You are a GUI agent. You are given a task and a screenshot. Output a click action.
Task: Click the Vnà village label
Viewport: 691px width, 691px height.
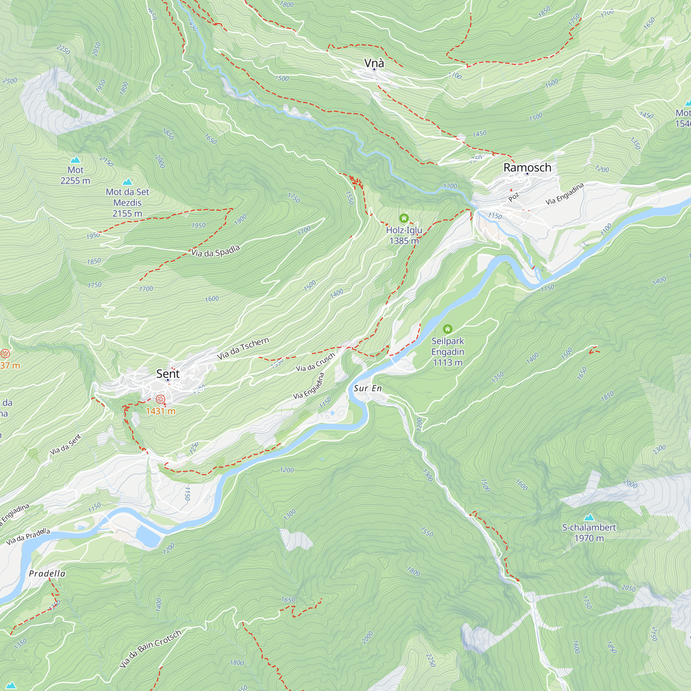pyautogui.click(x=374, y=63)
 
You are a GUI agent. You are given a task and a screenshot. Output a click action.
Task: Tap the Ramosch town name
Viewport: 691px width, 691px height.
pyautogui.click(x=527, y=167)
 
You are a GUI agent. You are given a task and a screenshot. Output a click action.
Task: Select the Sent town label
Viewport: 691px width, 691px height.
pyautogui.click(x=168, y=374)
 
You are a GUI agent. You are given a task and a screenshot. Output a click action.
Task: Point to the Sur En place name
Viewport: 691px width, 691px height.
pyautogui.click(x=368, y=388)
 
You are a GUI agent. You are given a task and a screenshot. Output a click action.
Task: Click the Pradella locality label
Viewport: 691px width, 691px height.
pyautogui.click(x=47, y=574)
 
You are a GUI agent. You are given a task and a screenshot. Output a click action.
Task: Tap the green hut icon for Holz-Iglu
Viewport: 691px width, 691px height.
pyautogui.click(x=404, y=218)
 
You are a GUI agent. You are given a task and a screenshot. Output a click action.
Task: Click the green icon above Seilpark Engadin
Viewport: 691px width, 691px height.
pyautogui.click(x=447, y=329)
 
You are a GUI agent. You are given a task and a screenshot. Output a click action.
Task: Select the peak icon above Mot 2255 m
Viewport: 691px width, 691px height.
pyautogui.click(x=75, y=160)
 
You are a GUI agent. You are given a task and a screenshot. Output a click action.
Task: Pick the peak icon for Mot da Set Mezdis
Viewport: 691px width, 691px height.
pyautogui.click(x=127, y=182)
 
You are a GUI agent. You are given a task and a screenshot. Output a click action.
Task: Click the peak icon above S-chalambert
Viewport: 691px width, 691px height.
pyautogui.click(x=589, y=517)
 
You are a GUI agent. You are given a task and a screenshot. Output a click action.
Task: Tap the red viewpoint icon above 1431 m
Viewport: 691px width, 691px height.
pyautogui.click(x=161, y=399)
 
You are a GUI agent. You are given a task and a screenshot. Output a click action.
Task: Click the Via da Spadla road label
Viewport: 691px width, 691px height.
pyautogui.click(x=215, y=251)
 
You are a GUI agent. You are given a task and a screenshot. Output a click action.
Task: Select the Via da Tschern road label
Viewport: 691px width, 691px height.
pyautogui.click(x=243, y=348)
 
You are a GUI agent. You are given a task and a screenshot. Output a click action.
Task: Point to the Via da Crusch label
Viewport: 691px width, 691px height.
pyautogui.click(x=315, y=362)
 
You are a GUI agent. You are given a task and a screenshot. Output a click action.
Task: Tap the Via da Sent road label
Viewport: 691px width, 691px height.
pyautogui.click(x=65, y=444)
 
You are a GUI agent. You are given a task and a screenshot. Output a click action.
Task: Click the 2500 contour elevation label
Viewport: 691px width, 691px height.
pyautogui.click(x=10, y=81)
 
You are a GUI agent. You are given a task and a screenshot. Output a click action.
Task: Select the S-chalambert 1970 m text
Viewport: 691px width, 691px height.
pyautogui.click(x=589, y=532)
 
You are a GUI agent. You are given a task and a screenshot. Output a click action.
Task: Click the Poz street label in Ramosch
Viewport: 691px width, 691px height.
pyautogui.click(x=513, y=197)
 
